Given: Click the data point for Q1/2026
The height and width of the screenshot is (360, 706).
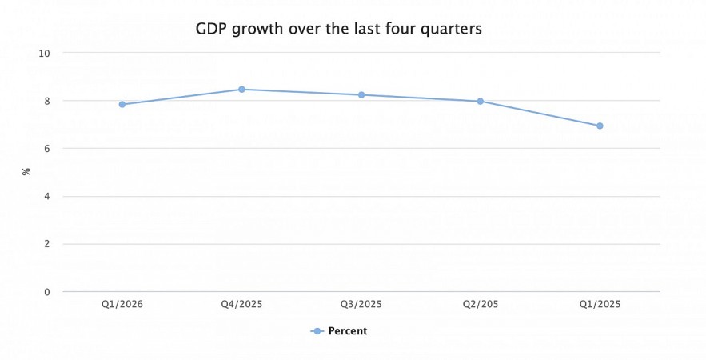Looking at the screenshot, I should click(x=122, y=104).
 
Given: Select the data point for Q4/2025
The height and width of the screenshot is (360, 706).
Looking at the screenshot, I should click(x=241, y=90).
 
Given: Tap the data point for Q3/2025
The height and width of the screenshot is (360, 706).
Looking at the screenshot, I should click(x=361, y=95).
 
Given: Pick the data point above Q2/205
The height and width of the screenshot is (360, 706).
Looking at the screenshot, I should click(x=481, y=102).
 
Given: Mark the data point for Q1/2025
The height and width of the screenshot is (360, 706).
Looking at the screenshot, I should click(x=600, y=126).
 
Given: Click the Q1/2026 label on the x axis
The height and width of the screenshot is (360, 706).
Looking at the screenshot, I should click(x=122, y=304).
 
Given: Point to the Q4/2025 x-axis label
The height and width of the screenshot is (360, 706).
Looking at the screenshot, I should click(x=241, y=304).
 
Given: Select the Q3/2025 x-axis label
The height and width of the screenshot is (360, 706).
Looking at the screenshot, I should click(x=361, y=304).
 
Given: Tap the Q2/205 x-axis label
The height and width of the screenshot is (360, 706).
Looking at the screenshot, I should click(x=481, y=304).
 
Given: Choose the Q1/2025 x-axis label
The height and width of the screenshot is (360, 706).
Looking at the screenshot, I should click(x=600, y=304).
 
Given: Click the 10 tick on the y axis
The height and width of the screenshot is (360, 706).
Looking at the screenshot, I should click(x=44, y=53).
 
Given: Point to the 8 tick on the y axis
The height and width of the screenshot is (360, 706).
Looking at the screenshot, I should click(x=46, y=101).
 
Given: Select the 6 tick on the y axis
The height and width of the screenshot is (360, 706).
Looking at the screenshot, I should click(x=46, y=149).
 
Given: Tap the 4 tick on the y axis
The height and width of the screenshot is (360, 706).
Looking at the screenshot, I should click(x=46, y=197).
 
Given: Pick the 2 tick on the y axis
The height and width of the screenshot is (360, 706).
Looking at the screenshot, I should click(x=46, y=244).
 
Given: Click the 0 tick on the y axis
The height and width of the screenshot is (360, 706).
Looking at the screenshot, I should click(x=46, y=292).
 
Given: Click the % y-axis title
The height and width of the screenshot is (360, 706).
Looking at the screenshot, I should click(x=26, y=172).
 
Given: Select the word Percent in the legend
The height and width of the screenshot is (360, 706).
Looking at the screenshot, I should click(x=348, y=331).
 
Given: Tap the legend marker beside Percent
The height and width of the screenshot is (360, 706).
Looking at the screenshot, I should click(x=317, y=331).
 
